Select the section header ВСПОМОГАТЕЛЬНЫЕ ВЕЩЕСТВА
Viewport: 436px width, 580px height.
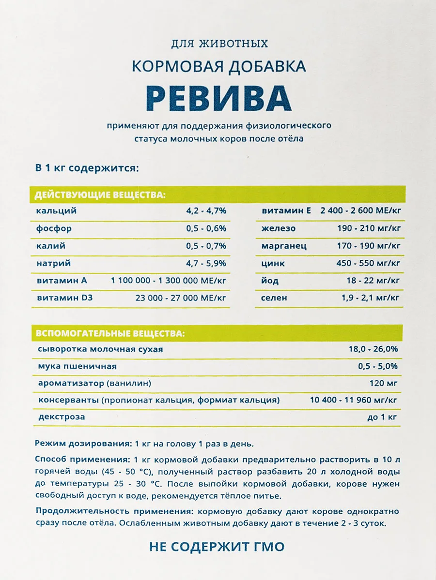click(109, 334)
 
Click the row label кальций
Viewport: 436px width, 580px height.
click(56, 211)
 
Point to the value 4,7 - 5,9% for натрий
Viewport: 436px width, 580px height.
click(206, 263)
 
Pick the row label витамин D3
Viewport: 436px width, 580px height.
click(65, 298)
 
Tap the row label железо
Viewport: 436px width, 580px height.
click(279, 228)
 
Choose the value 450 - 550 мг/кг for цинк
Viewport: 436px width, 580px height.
click(368, 263)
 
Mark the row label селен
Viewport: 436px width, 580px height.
click(274, 298)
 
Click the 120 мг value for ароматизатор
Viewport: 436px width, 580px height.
click(383, 384)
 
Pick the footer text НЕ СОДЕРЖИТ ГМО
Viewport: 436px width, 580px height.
click(217, 547)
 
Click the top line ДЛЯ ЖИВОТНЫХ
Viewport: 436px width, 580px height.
click(219, 44)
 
